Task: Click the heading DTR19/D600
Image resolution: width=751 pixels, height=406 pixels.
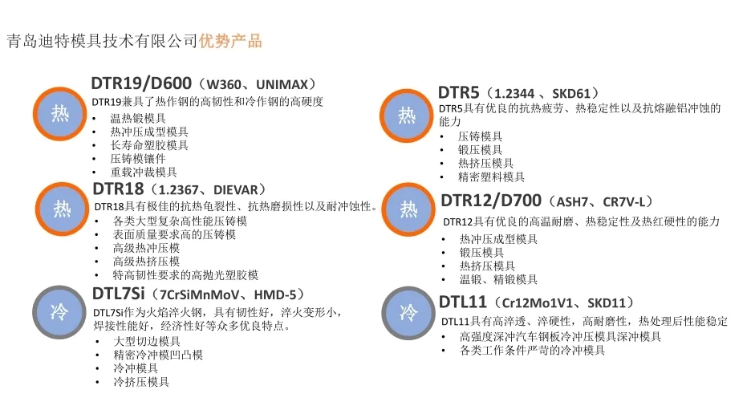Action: [141, 84]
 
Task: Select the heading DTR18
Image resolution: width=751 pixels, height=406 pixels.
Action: [118, 189]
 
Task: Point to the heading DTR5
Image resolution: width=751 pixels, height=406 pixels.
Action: [458, 92]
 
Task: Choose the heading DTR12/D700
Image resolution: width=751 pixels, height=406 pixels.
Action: [489, 200]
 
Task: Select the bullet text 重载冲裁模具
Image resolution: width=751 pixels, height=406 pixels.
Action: [144, 172]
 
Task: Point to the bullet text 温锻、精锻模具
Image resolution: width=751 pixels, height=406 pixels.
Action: [498, 279]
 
